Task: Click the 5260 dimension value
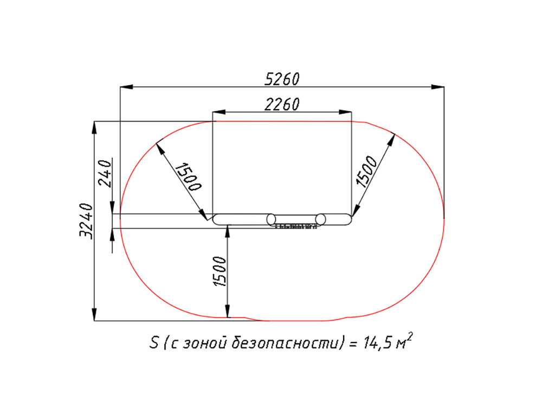click(x=282, y=79)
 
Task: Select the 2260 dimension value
click(x=282, y=104)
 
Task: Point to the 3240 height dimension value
click(x=86, y=221)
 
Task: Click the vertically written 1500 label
click(x=220, y=271)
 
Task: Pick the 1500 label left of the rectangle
click(x=189, y=176)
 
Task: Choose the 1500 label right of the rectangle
click(x=366, y=171)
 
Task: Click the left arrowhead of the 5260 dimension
click(x=126, y=86)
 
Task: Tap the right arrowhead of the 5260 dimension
click(x=437, y=86)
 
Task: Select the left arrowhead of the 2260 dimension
click(x=219, y=112)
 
